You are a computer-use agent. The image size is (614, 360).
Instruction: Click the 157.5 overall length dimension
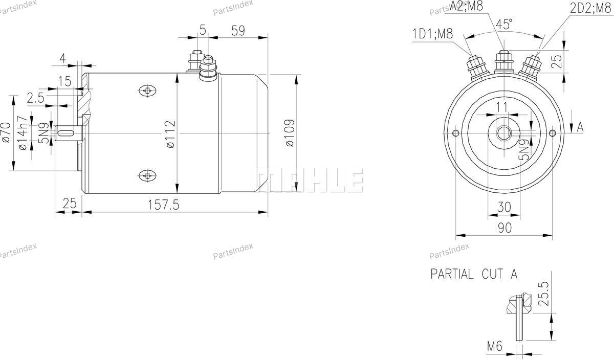[163, 205]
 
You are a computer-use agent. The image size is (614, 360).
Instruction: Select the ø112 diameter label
[170, 134]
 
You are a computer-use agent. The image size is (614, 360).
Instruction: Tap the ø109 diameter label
[290, 133]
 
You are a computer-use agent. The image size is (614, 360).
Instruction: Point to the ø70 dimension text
[6, 132]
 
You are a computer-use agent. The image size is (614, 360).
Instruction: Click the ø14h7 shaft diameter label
[23, 133]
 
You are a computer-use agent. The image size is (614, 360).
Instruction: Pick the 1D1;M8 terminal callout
[433, 34]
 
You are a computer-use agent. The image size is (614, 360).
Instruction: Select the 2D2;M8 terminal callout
[590, 9]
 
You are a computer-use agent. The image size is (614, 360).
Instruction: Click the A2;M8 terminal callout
[466, 6]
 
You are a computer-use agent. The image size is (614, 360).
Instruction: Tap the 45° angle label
[505, 24]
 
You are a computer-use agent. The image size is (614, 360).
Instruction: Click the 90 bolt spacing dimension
[505, 228]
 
